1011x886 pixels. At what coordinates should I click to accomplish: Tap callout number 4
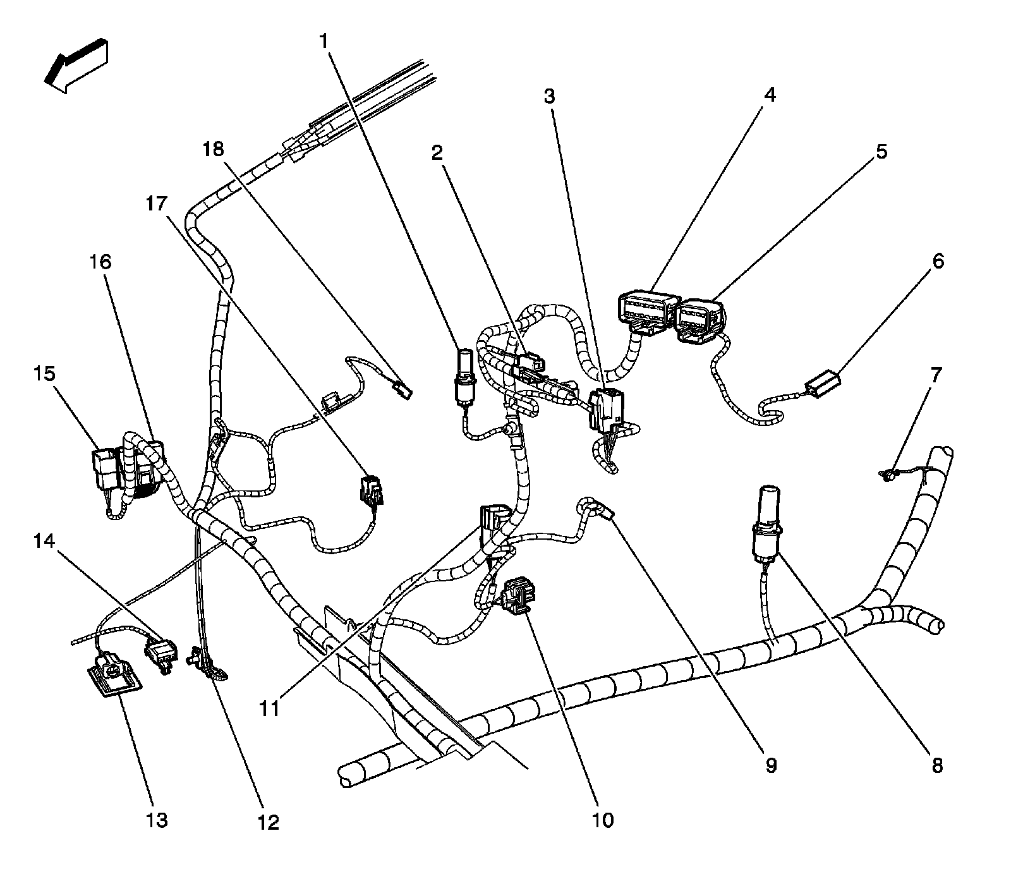tap(769, 95)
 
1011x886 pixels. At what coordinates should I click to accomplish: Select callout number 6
tap(938, 260)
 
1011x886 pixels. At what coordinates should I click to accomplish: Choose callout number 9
tap(771, 765)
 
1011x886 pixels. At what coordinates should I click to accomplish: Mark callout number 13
tap(157, 820)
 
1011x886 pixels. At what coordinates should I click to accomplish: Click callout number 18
tap(214, 149)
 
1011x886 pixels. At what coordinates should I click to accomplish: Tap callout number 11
tap(270, 708)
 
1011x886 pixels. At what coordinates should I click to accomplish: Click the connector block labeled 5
tap(700, 321)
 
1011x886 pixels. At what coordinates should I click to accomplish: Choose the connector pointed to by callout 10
tap(518, 595)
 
